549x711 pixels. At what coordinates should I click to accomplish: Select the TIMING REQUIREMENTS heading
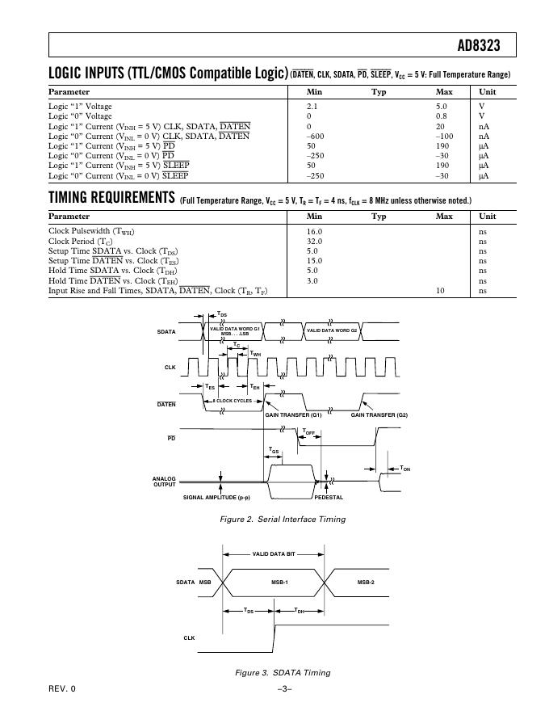pos(111,197)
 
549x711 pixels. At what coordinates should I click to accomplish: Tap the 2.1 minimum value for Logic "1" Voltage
pos(313,107)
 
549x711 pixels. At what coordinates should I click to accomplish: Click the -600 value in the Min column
pos(316,137)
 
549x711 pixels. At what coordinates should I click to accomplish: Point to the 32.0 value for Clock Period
pos(315,242)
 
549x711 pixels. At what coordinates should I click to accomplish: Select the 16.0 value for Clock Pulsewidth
pos(315,231)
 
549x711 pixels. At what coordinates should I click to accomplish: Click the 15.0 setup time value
pos(315,261)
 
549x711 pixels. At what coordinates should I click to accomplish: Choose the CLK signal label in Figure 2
pos(170,367)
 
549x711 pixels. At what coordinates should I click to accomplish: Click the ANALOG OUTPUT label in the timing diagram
pos(164,482)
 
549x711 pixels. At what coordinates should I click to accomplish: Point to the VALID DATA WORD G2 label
pos(337,331)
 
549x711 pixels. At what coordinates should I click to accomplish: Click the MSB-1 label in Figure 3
pos(280,582)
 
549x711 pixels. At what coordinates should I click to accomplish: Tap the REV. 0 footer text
pos(61,688)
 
